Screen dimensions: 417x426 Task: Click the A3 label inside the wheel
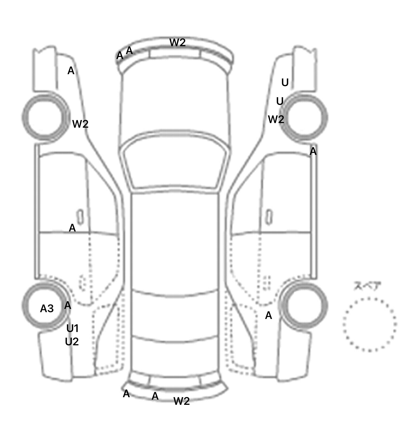click(47, 309)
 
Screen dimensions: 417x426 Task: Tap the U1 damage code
click(72, 329)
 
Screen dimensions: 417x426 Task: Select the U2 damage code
click(72, 342)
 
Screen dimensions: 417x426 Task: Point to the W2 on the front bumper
click(178, 42)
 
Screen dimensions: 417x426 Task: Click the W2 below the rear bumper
click(182, 401)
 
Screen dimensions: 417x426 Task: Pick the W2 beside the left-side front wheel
click(80, 124)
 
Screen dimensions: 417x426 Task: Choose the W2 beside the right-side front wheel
click(276, 119)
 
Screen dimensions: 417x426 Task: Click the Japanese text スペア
click(367, 286)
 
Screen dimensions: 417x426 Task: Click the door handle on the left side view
click(80, 217)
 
